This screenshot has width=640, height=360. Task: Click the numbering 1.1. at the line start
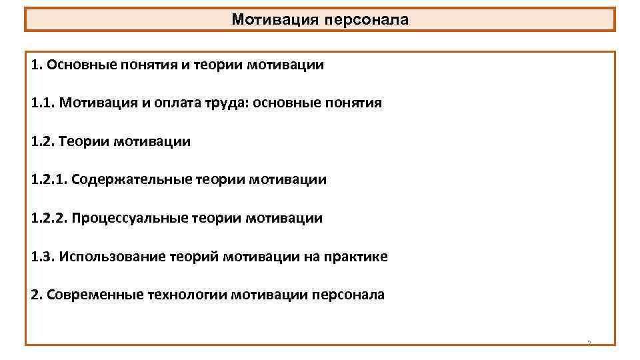tap(43, 103)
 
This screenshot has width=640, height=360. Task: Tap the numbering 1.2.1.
tap(49, 179)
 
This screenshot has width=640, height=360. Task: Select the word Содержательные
tap(131, 179)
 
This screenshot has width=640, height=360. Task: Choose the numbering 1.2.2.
tap(49, 218)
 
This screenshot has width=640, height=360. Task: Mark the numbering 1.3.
tap(43, 257)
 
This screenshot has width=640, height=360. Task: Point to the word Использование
tap(105, 257)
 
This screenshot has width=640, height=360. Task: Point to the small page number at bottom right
tap(589, 343)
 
